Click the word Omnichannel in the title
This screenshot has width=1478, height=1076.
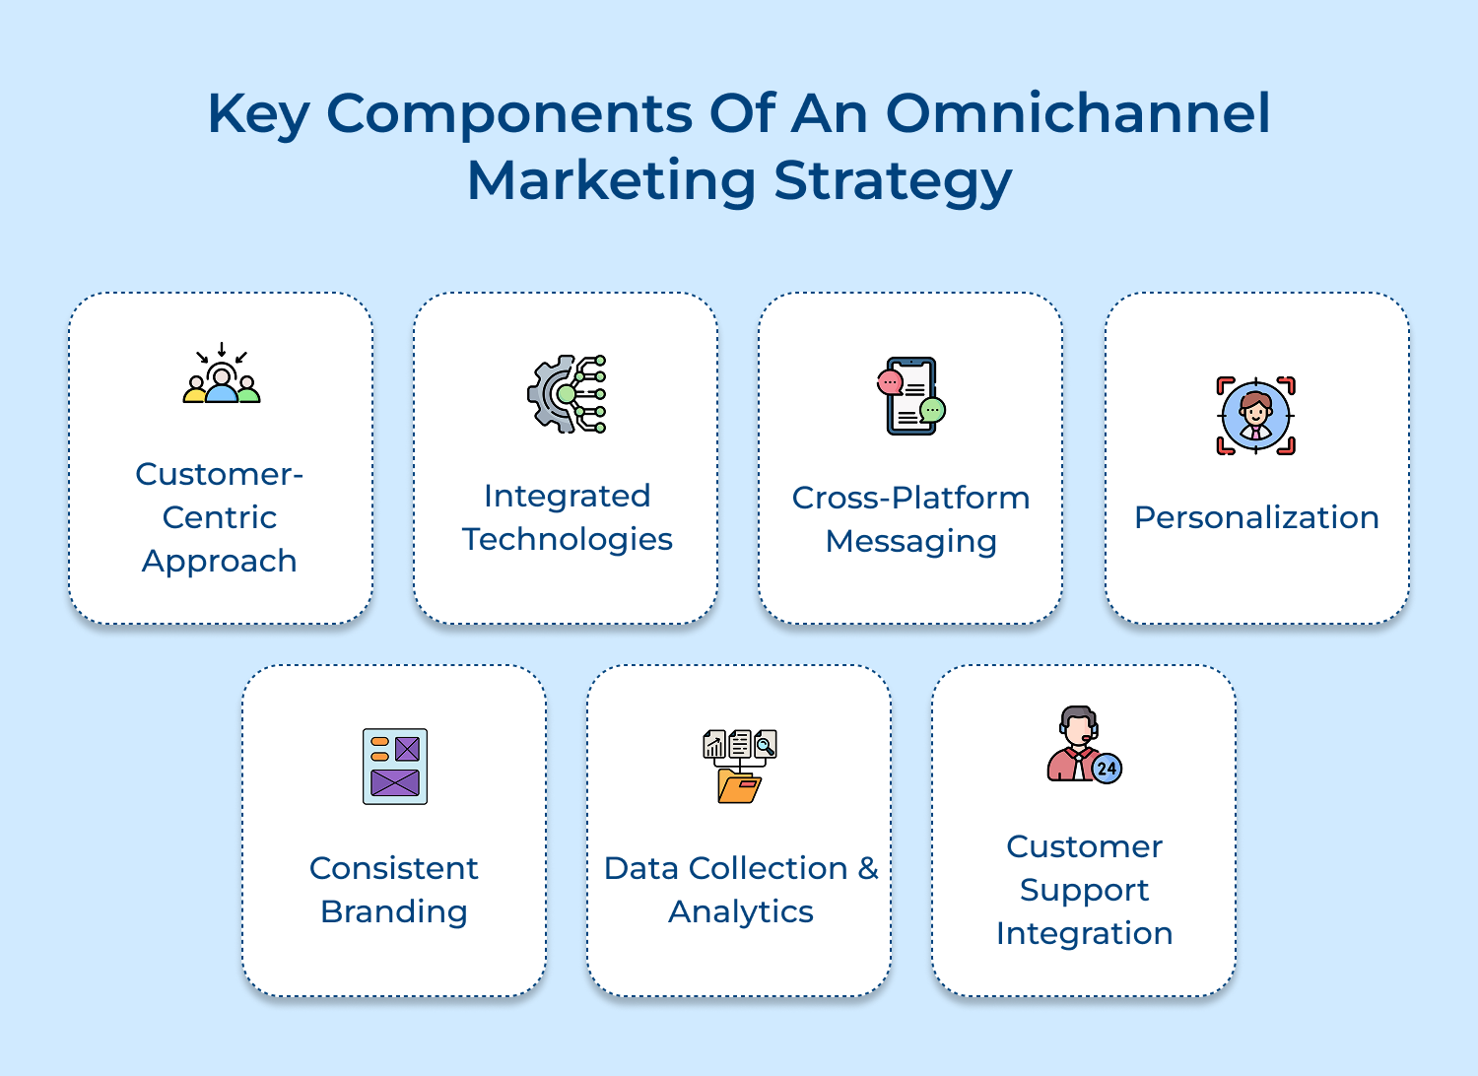tap(1078, 113)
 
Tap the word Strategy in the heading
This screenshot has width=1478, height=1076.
tap(893, 181)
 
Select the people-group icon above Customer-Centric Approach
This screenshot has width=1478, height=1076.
tap(222, 372)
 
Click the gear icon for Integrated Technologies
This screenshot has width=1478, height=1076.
tap(567, 394)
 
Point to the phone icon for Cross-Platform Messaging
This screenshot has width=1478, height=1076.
tap(910, 396)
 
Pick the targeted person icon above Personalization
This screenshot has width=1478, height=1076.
tap(1255, 416)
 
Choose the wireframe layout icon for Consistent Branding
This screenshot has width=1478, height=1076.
tap(395, 767)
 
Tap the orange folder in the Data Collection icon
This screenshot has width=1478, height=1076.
tap(739, 786)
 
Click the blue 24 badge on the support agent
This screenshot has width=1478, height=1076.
tap(1107, 769)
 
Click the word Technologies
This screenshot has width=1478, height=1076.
tap(567, 540)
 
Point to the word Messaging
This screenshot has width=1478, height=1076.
tap(911, 542)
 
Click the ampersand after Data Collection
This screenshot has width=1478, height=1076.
tap(868, 868)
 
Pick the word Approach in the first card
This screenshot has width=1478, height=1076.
tap(219, 562)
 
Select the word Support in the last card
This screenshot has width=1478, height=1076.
tap(1084, 891)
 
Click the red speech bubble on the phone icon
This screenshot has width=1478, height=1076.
tap(890, 382)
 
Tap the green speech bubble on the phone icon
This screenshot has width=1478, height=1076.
tap(932, 410)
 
